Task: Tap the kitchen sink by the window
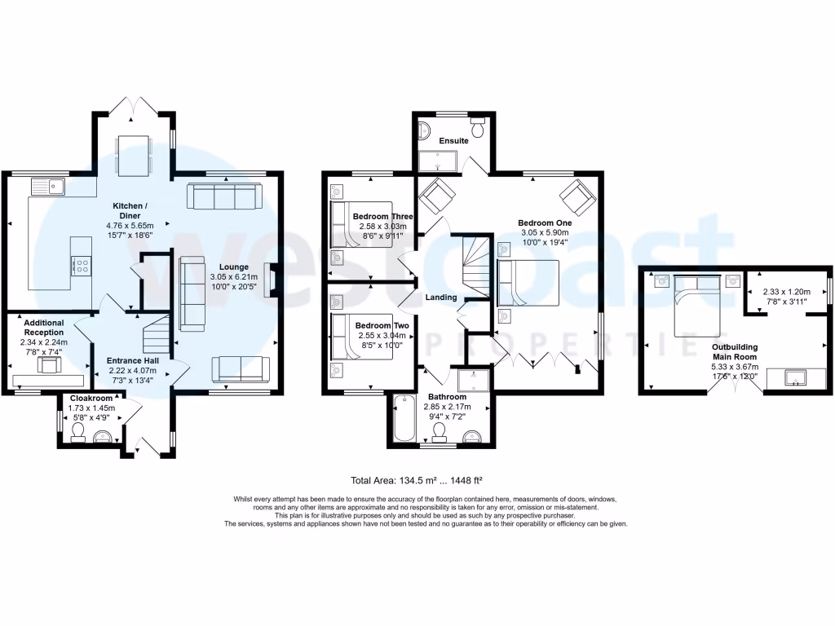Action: pyautogui.click(x=49, y=187)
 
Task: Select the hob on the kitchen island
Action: pyautogui.click(x=82, y=265)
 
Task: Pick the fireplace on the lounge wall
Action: pyautogui.click(x=273, y=280)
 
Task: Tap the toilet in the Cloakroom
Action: pyautogui.click(x=79, y=438)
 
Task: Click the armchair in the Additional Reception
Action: pyautogui.click(x=50, y=364)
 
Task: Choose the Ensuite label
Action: pyautogui.click(x=454, y=141)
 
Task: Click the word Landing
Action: pyautogui.click(x=441, y=298)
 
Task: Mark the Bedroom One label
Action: pyautogui.click(x=546, y=223)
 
